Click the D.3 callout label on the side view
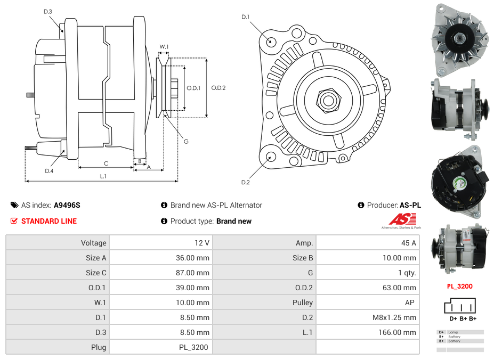(47, 12)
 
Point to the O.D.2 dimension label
(218, 88)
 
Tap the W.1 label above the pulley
(164, 47)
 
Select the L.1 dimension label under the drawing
(103, 176)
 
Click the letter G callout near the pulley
(186, 142)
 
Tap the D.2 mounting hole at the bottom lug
(270, 157)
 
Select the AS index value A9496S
(67, 205)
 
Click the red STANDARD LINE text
(49, 221)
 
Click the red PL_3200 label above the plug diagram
(459, 286)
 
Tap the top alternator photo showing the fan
(459, 39)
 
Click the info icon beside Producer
(361, 205)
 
